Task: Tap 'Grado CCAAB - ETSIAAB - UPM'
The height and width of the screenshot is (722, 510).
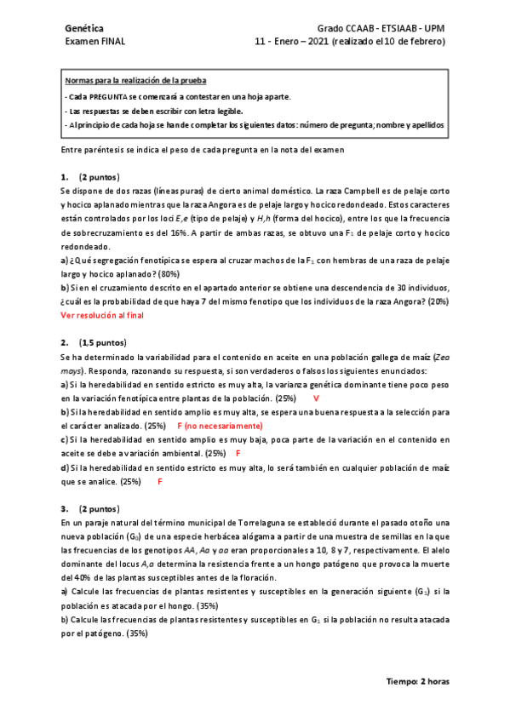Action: click(381, 27)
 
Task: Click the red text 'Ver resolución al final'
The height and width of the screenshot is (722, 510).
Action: click(103, 315)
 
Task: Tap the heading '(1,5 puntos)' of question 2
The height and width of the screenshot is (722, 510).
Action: click(103, 342)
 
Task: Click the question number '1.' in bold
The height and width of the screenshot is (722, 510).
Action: click(65, 178)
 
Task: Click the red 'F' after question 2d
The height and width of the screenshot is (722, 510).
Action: click(160, 481)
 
